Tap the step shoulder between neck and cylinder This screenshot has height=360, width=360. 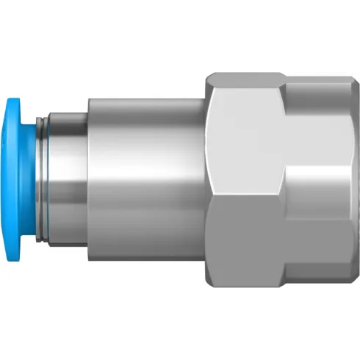coord(89,180)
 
